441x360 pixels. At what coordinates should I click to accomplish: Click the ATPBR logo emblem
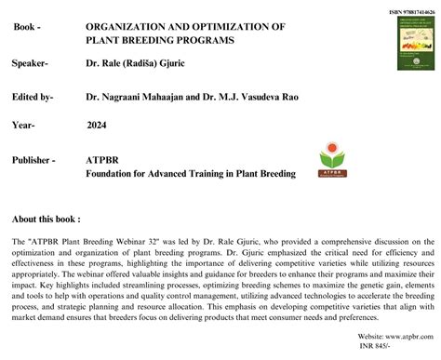click(x=330, y=159)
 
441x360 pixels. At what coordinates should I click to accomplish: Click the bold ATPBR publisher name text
click(x=102, y=160)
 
